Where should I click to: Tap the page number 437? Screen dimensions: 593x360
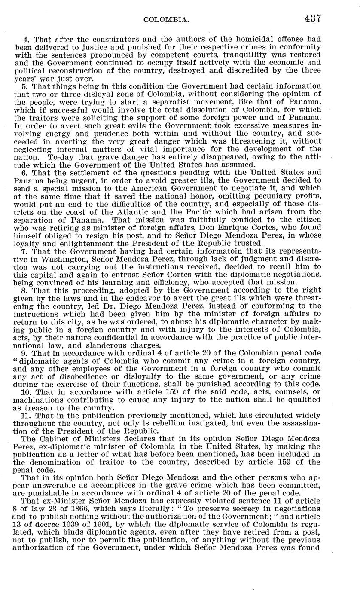click(313, 19)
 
